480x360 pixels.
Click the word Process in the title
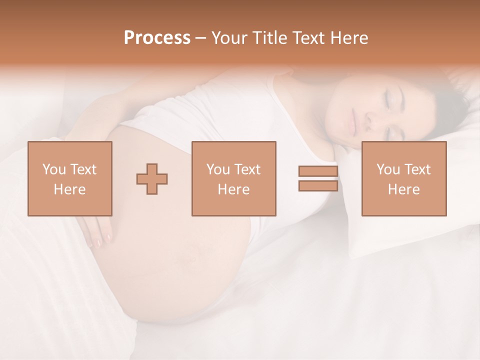[157, 38]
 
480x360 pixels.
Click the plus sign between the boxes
[152, 179]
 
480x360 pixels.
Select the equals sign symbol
[318, 178]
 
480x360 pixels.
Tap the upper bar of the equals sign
[318, 171]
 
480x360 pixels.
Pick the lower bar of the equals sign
[318, 185]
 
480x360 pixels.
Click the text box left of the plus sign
[70, 178]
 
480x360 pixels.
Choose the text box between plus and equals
[234, 178]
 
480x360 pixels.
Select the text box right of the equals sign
[404, 178]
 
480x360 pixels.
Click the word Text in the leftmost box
[83, 169]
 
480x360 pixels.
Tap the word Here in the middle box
[234, 189]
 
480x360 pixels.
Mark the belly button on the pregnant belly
[191, 258]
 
